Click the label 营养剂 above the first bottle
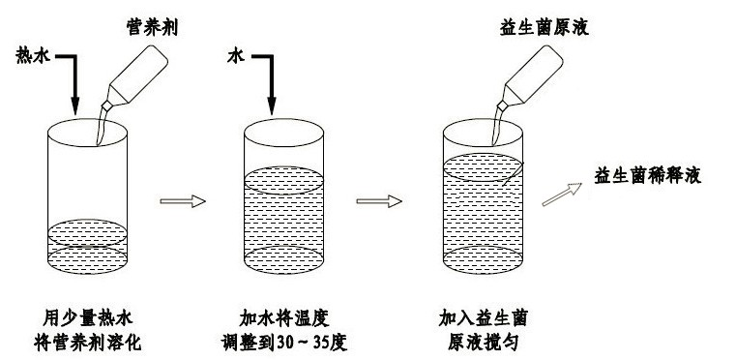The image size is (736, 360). click(152, 28)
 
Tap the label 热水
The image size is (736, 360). click(33, 55)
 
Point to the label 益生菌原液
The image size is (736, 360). click(544, 28)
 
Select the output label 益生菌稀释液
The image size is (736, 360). click(647, 176)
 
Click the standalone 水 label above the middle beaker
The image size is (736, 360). click(237, 57)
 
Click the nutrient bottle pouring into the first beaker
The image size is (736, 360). click(134, 77)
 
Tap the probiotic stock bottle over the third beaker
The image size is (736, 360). click(530, 77)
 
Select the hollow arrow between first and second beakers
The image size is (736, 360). click(183, 201)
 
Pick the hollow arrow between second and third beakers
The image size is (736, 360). click(379, 201)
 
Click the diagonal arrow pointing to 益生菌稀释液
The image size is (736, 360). click(562, 195)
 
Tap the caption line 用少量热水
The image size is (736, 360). click(88, 319)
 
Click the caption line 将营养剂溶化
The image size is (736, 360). click(88, 344)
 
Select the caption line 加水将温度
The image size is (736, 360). click(284, 319)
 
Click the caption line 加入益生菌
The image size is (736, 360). click(483, 319)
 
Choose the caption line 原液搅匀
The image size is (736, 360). click(483, 344)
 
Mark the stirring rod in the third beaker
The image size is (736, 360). click(512, 174)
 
